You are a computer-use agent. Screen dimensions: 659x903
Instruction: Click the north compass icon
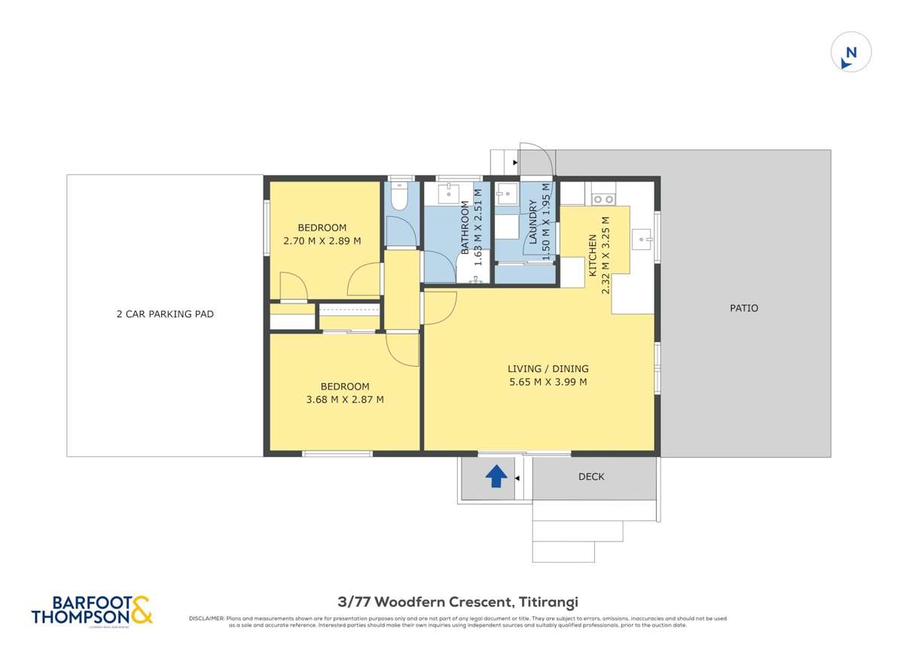850,53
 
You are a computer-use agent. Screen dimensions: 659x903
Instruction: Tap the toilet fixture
399,197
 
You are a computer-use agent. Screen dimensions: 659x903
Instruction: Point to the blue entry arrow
496,476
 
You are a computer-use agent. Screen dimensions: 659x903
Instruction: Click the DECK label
591,477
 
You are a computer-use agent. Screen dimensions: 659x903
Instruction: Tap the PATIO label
744,308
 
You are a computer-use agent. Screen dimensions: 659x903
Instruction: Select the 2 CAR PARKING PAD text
165,314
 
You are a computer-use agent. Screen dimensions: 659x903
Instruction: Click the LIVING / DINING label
548,369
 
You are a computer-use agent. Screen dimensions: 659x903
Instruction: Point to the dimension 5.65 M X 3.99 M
548,382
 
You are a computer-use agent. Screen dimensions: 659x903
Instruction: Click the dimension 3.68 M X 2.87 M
345,400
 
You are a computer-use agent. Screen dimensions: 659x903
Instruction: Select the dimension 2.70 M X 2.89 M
322,241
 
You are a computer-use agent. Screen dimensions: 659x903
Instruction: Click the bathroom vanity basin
448,193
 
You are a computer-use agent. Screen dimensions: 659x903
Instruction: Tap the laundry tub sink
506,193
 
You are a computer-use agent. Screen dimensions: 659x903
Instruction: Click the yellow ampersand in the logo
141,609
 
